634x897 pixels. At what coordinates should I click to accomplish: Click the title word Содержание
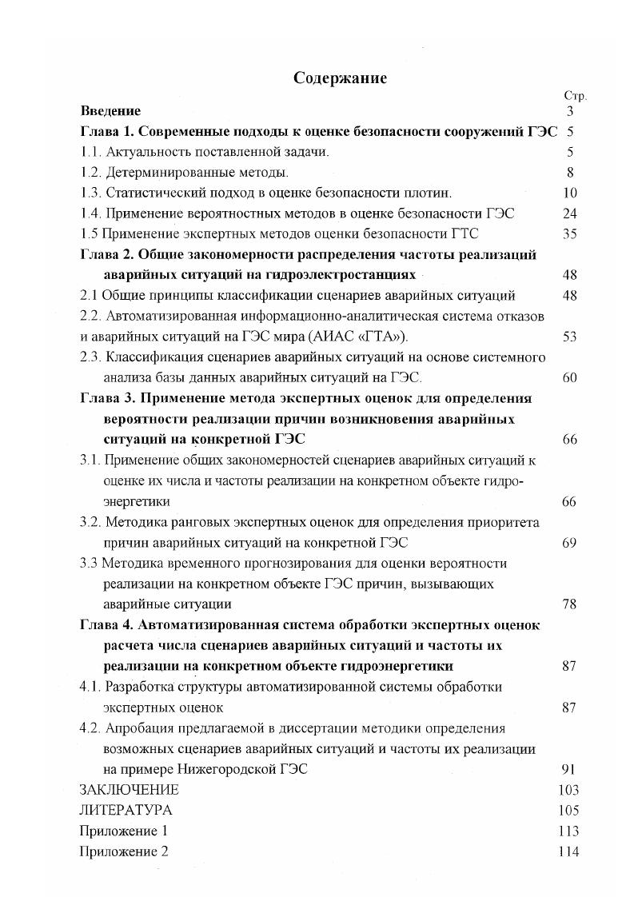(340, 78)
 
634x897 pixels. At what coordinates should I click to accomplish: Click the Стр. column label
(575, 96)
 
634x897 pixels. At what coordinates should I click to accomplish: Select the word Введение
(110, 111)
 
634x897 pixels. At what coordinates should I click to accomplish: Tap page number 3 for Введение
(570, 111)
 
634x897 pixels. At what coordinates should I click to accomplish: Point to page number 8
(570, 172)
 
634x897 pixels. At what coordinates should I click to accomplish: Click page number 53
(569, 337)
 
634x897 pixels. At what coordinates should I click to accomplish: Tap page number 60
(569, 377)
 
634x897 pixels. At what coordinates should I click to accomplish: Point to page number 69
(569, 543)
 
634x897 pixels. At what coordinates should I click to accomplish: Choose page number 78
(569, 604)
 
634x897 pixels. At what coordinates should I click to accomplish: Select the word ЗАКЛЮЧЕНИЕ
(129, 790)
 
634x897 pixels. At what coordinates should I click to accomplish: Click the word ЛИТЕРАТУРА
(126, 810)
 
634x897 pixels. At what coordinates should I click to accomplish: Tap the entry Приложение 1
(124, 831)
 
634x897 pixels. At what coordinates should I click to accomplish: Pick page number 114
(568, 851)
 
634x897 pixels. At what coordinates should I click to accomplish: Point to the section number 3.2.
(90, 522)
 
